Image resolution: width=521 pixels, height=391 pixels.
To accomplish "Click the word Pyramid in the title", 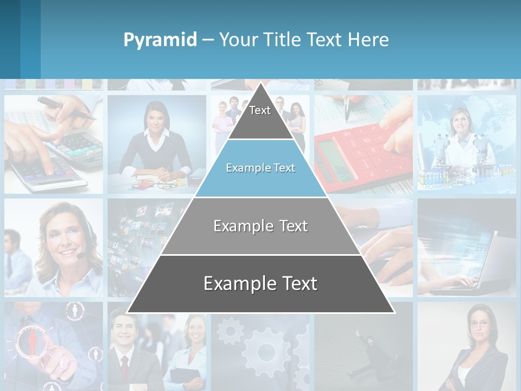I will (160, 40).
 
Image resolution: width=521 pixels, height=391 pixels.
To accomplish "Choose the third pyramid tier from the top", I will (260, 226).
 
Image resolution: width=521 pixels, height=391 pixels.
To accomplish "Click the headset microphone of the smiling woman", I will (81, 255).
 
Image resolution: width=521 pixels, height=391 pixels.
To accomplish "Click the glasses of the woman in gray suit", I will (480, 324).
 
